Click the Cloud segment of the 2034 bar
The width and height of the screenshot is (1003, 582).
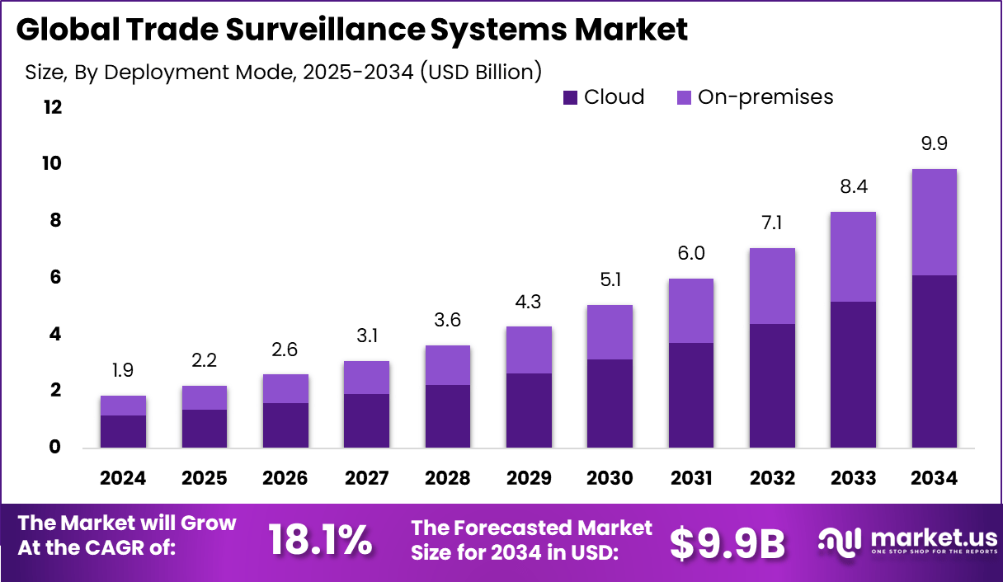pyautogui.click(x=934, y=362)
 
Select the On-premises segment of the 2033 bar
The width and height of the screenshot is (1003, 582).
pyautogui.click(x=853, y=256)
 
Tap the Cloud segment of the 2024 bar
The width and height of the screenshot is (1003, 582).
pyautogui.click(x=124, y=431)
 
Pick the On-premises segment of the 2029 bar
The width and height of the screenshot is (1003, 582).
pyautogui.click(x=529, y=350)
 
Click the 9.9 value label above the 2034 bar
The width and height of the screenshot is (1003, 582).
pyautogui.click(x=934, y=143)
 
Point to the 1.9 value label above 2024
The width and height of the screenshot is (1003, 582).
pyautogui.click(x=123, y=370)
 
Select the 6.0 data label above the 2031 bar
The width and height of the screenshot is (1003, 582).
pyautogui.click(x=691, y=253)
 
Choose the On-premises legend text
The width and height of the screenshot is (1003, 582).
pyautogui.click(x=765, y=97)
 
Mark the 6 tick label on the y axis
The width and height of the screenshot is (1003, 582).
pyautogui.click(x=56, y=277)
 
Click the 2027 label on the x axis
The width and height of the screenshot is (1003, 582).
pyautogui.click(x=366, y=479)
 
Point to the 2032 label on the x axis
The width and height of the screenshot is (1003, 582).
pyautogui.click(x=772, y=479)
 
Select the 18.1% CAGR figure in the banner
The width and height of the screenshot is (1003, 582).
pyautogui.click(x=320, y=540)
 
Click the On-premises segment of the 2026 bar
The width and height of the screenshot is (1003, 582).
pyautogui.click(x=285, y=388)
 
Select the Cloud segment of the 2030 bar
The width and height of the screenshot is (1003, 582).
pyautogui.click(x=610, y=403)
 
